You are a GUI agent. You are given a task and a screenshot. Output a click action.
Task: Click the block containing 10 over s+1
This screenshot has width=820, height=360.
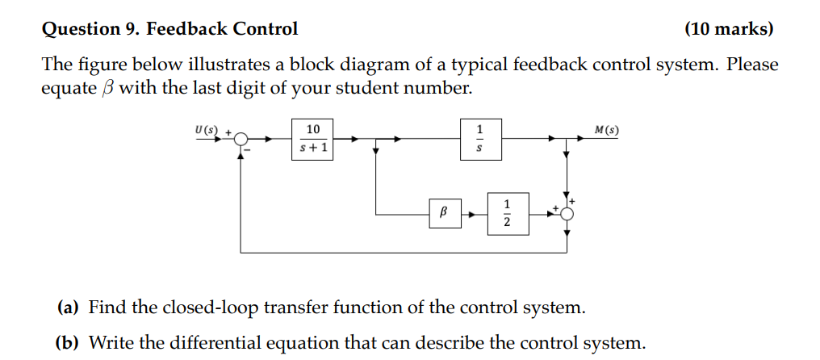(313, 139)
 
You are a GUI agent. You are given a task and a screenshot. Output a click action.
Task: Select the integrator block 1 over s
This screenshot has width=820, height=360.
(482, 139)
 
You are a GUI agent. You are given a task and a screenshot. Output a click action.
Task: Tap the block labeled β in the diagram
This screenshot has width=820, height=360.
(441, 214)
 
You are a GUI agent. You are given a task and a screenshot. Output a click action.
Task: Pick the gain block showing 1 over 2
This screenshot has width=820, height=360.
(508, 214)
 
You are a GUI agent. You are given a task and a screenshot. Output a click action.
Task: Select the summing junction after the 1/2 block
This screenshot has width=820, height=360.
(567, 214)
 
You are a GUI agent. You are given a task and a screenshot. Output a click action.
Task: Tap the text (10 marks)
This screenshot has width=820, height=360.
(728, 30)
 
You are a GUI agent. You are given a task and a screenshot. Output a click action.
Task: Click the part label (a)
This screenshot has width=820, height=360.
(68, 308)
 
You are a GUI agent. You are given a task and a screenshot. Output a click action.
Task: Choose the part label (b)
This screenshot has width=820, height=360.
(68, 342)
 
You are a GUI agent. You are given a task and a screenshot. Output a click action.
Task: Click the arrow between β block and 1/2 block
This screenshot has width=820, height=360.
(475, 215)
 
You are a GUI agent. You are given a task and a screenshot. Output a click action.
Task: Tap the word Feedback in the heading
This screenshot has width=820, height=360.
(186, 30)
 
